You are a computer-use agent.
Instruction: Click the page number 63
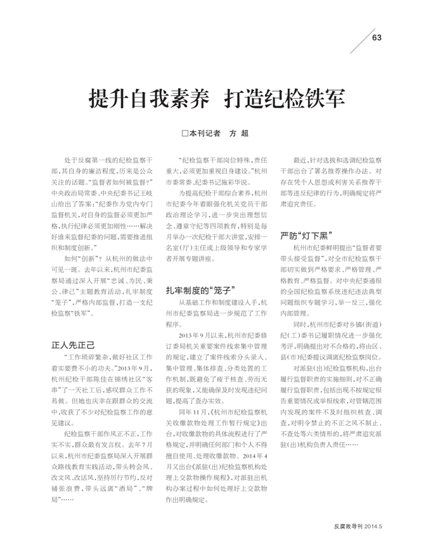377,37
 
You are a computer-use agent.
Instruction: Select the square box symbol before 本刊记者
184,134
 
